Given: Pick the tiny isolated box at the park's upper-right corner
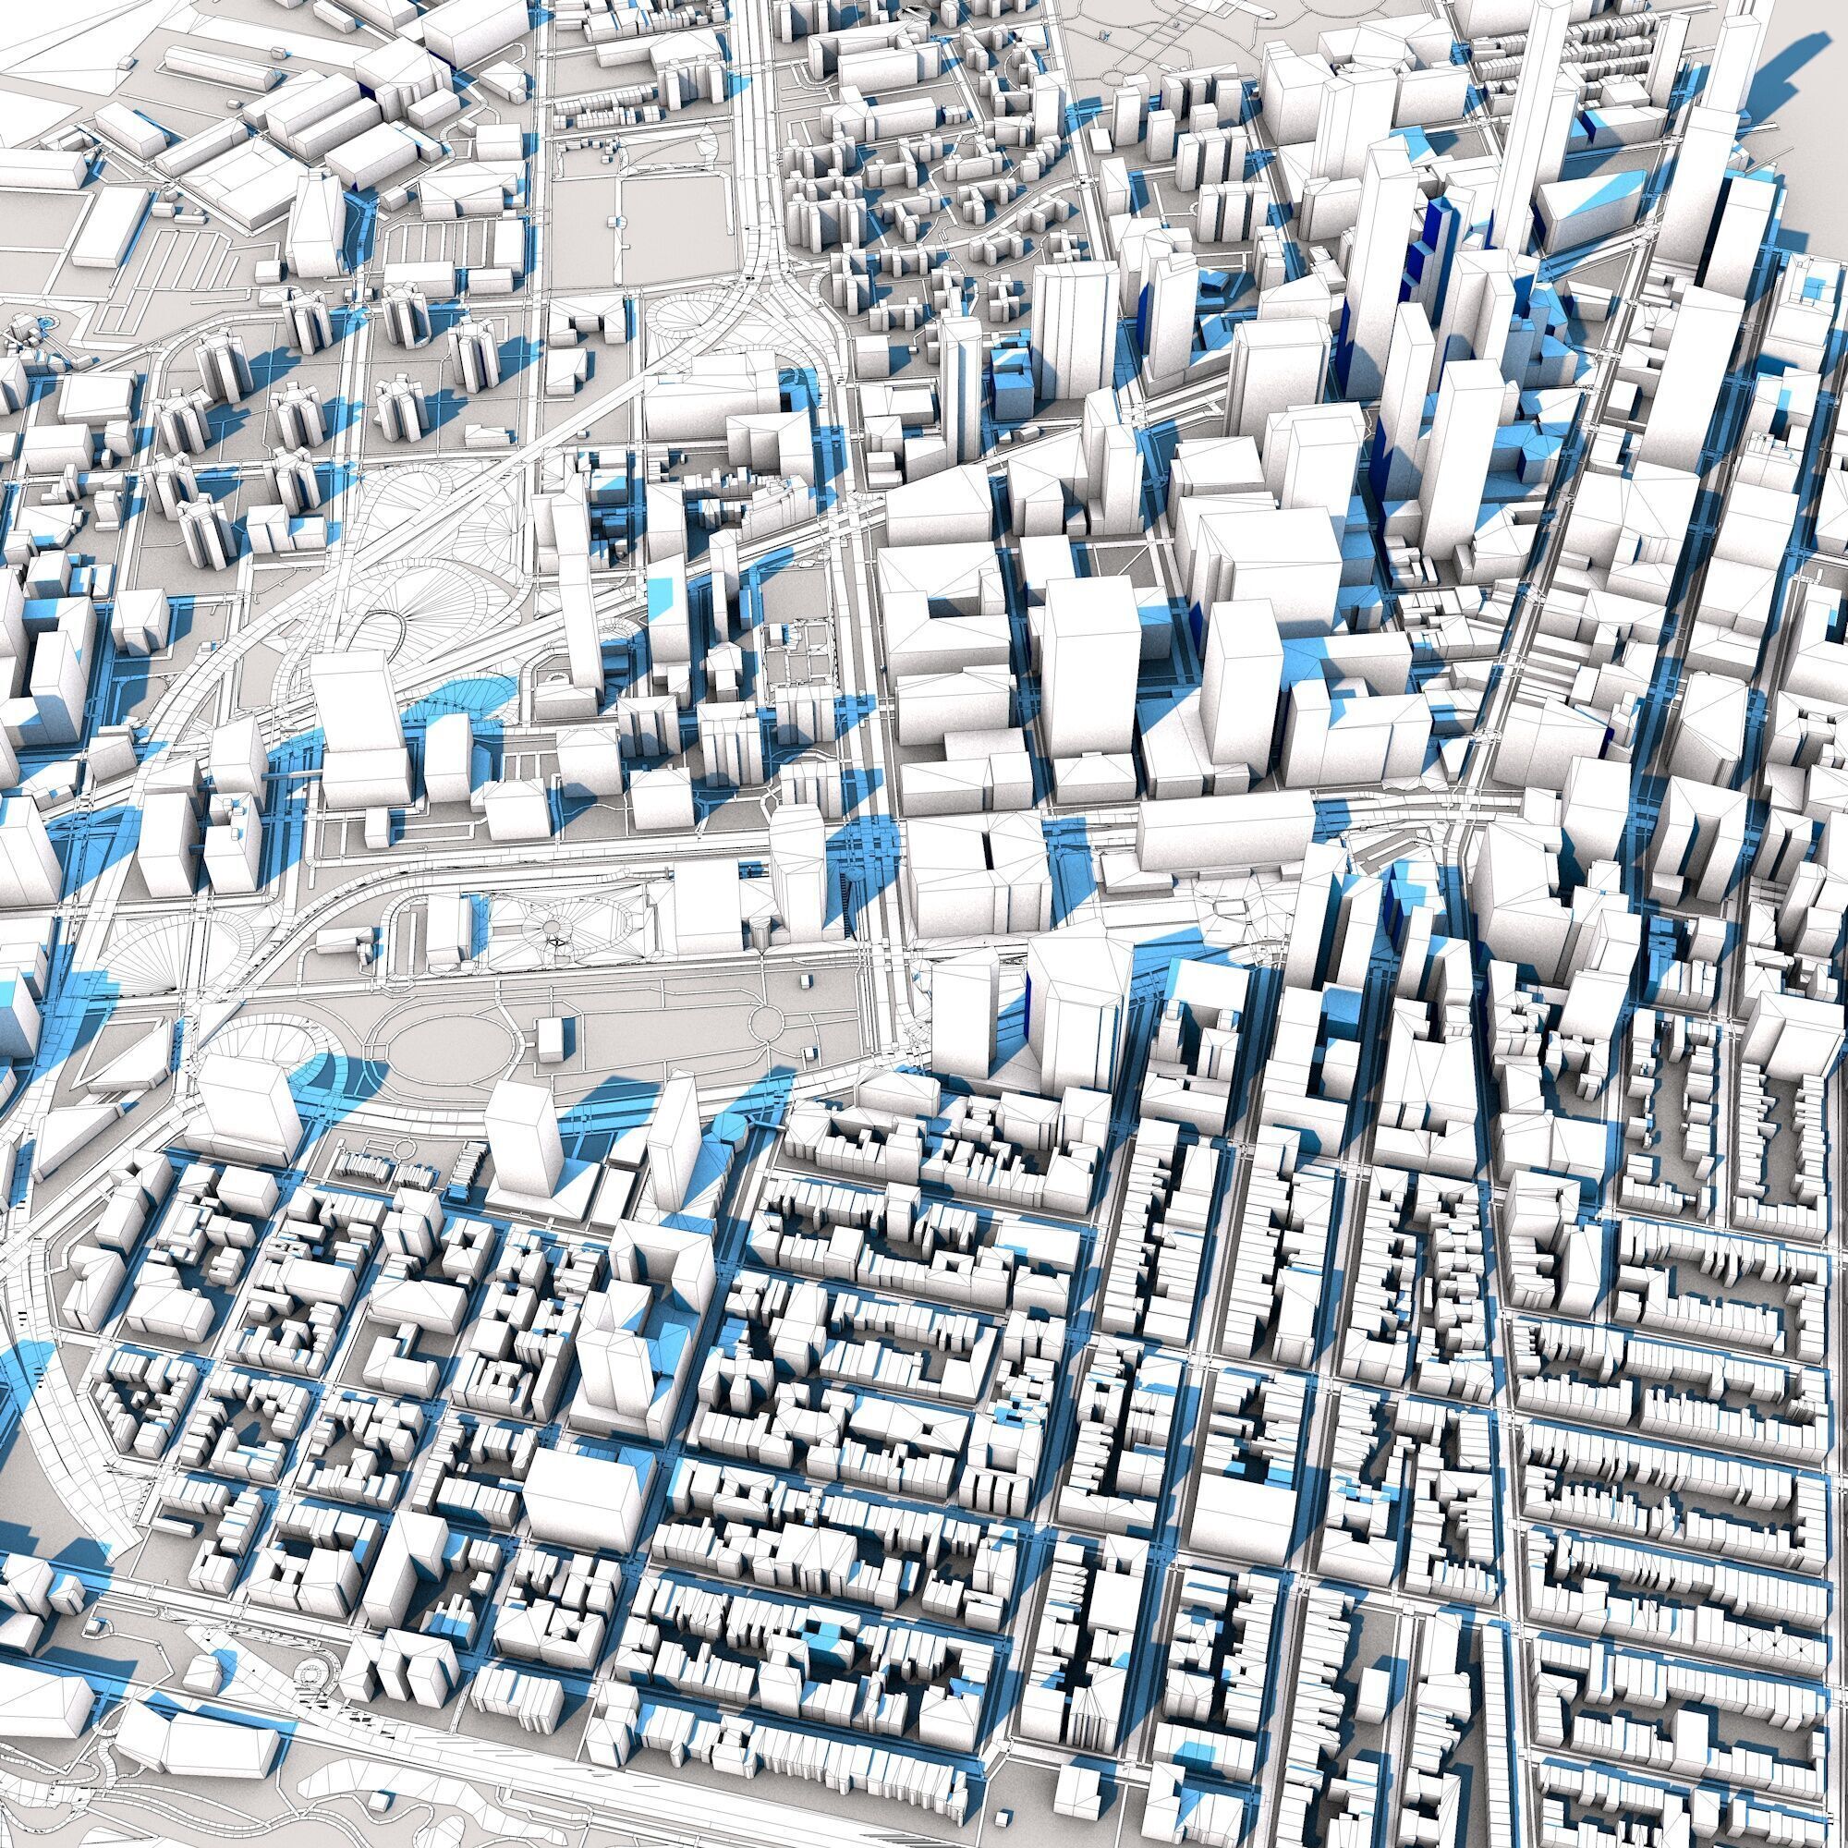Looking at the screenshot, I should pos(807,980).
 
